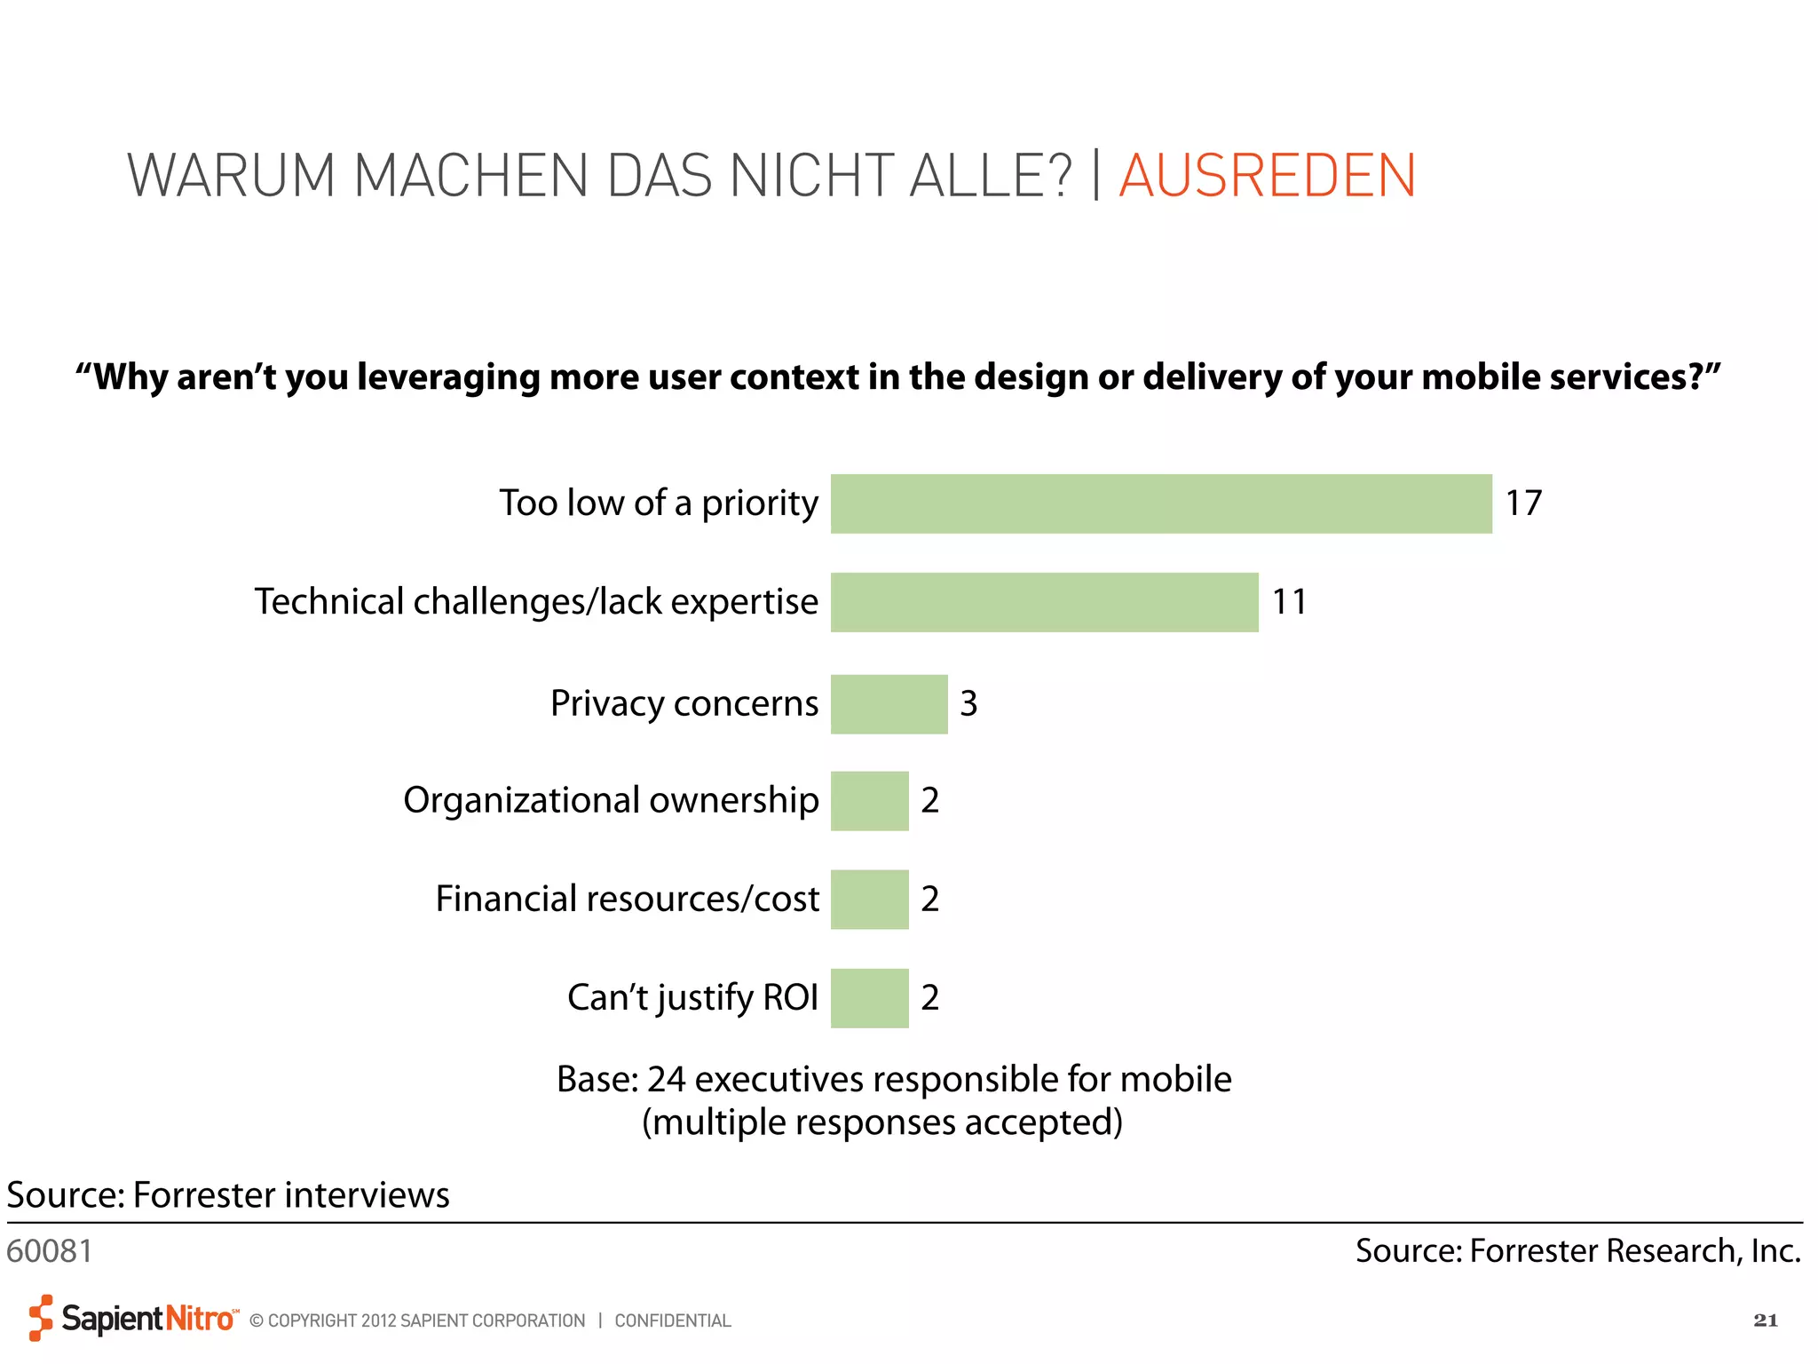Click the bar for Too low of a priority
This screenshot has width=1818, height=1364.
pyautogui.click(x=1161, y=504)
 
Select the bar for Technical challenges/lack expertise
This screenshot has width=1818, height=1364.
pyautogui.click(x=1044, y=602)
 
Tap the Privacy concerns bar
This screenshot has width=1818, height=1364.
pyautogui.click(x=889, y=704)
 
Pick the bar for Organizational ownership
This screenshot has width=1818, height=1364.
pyautogui.click(x=869, y=801)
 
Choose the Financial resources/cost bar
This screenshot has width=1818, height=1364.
pyautogui.click(x=869, y=899)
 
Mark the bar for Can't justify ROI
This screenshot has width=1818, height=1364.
pyautogui.click(x=869, y=998)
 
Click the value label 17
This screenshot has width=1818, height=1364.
pyautogui.click(x=1523, y=504)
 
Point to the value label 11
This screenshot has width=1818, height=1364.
pyautogui.click(x=1289, y=602)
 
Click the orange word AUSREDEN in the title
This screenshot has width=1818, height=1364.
pyautogui.click(x=1267, y=176)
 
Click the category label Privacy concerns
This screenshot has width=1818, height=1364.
pyautogui.click(x=684, y=704)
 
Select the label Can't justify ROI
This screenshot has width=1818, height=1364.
pyautogui.click(x=692, y=998)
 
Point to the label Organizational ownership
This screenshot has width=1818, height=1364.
pyautogui.click(x=611, y=801)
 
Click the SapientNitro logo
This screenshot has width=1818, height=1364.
pyautogui.click(x=133, y=1318)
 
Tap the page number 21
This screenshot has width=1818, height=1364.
pyautogui.click(x=1765, y=1320)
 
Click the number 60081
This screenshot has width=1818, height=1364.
pyautogui.click(x=50, y=1251)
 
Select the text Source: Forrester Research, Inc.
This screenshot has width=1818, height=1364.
pyautogui.click(x=1577, y=1251)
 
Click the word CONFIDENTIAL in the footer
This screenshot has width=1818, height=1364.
pyautogui.click(x=672, y=1320)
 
